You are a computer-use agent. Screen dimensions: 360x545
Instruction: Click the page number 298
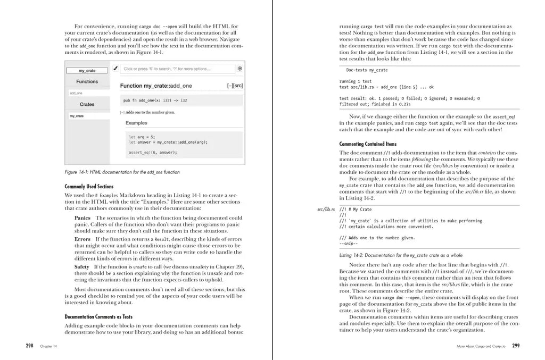[x=29, y=346]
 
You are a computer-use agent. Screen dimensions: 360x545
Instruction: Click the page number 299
[x=516, y=346]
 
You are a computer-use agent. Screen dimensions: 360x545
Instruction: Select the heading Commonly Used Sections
[x=89, y=187]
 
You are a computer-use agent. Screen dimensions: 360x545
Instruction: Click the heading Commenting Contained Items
[x=368, y=144]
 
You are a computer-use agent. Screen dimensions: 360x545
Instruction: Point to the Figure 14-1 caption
[x=122, y=172]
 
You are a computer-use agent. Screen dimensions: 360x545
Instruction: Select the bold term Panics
[x=82, y=218]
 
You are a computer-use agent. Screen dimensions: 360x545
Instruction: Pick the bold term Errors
[x=82, y=239]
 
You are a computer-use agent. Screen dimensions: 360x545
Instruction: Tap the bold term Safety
[x=82, y=266]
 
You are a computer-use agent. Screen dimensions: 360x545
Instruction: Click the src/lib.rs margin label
[x=326, y=210]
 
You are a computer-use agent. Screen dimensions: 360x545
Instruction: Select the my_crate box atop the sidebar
[x=87, y=71]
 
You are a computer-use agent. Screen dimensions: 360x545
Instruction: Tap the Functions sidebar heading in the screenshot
[x=87, y=82]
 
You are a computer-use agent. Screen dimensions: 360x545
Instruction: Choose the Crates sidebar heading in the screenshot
[x=87, y=105]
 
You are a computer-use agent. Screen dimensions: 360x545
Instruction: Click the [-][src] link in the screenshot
[x=235, y=86]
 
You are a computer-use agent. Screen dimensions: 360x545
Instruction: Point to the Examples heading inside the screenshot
[x=136, y=123]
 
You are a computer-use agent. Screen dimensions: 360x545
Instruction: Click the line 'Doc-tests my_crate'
[x=367, y=70]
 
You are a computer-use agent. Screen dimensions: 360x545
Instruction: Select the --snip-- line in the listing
[x=349, y=244]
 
